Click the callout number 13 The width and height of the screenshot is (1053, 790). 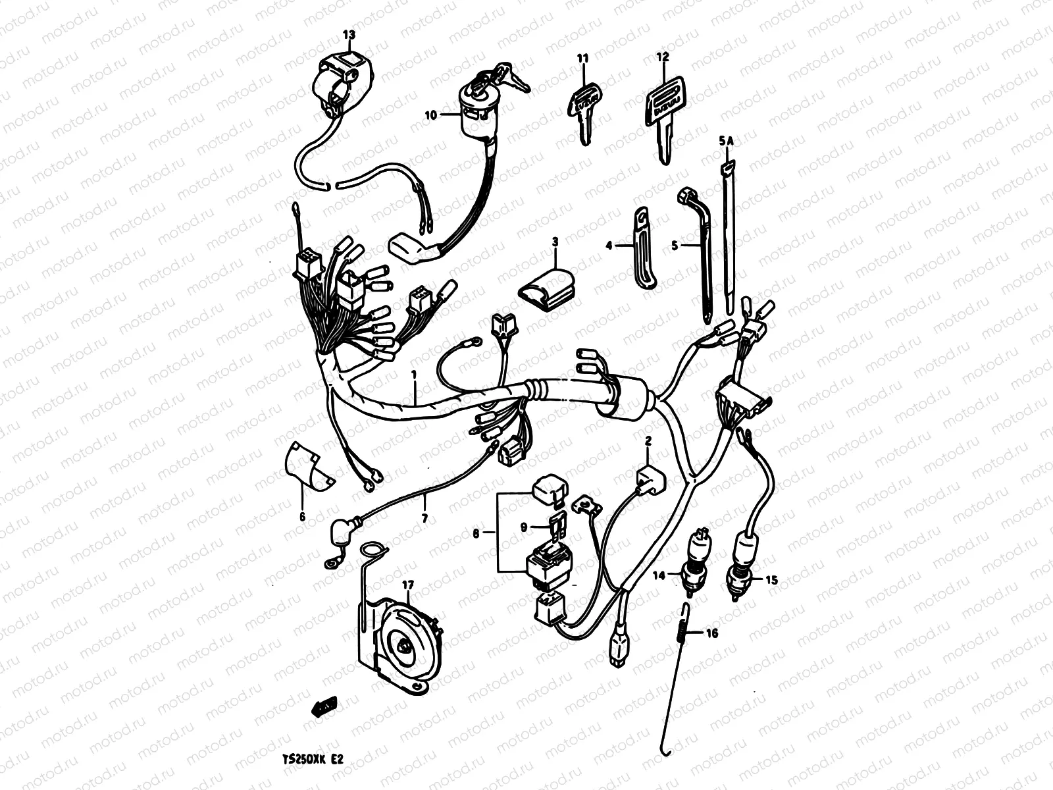[x=348, y=34]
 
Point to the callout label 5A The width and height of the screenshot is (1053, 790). [x=726, y=140]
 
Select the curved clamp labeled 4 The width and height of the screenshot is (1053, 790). [x=643, y=248]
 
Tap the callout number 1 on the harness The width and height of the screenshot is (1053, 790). [x=414, y=375]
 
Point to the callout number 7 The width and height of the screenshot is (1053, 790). [x=424, y=519]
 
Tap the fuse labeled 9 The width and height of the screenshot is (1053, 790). [x=555, y=525]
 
